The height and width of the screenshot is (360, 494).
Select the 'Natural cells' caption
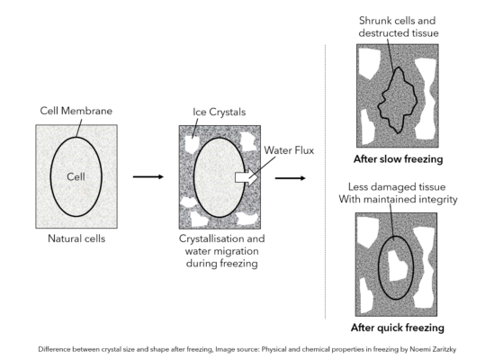click(76, 239)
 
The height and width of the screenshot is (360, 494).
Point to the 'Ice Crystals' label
click(219, 112)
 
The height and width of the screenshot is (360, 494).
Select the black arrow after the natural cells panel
click(148, 176)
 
